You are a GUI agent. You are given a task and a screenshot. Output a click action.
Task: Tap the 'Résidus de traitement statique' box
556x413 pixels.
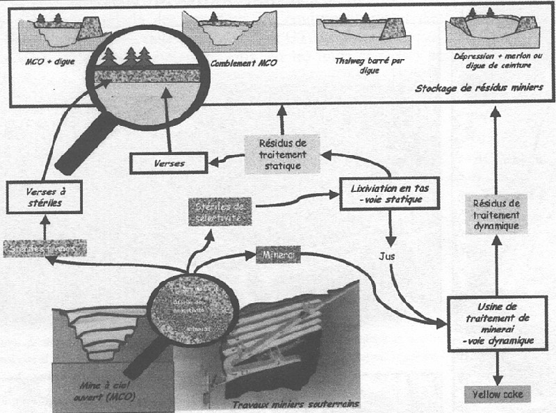(x=282, y=154)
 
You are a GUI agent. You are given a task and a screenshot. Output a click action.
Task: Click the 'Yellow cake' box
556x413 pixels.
(x=496, y=394)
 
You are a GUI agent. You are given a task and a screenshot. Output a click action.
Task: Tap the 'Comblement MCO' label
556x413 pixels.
(x=235, y=62)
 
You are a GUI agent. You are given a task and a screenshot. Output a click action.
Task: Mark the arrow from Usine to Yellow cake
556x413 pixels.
(x=496, y=367)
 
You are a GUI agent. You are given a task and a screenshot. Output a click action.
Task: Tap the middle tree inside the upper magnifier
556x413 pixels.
(x=130, y=56)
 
